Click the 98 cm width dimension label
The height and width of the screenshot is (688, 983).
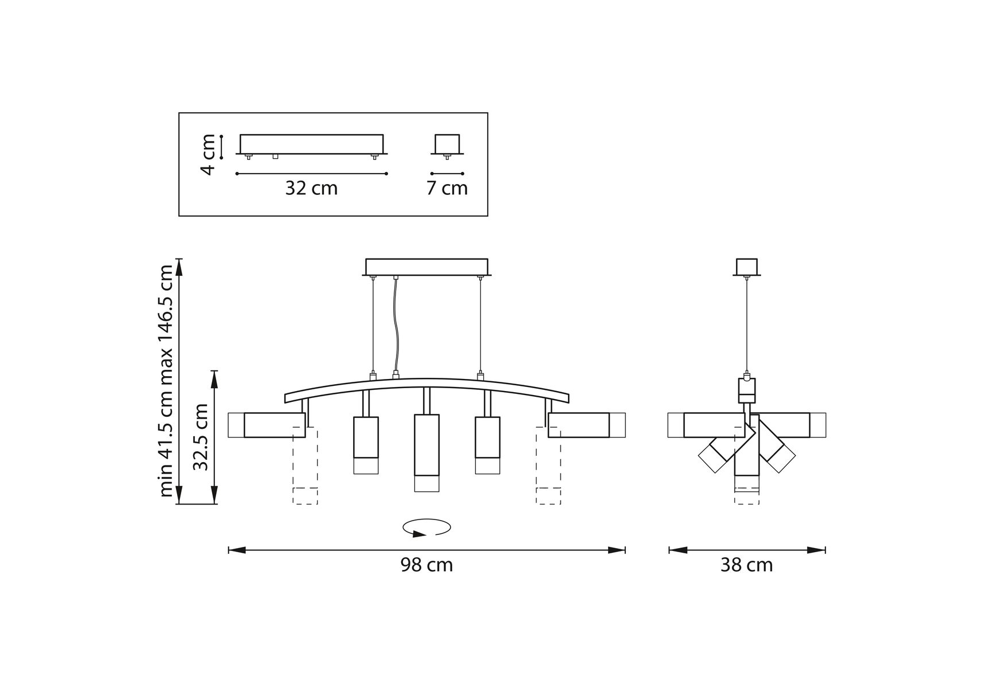(426, 565)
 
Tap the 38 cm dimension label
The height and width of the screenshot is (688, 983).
(746, 565)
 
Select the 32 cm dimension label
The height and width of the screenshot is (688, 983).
(311, 188)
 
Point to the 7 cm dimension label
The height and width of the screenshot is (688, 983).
(447, 188)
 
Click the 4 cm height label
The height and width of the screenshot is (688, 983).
(207, 154)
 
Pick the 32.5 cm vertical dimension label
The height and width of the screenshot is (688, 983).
(200, 437)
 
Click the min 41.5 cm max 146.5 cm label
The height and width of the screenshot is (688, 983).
(166, 381)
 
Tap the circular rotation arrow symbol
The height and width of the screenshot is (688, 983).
(426, 527)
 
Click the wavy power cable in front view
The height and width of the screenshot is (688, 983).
(395, 327)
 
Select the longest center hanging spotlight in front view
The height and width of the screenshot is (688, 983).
(426, 453)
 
